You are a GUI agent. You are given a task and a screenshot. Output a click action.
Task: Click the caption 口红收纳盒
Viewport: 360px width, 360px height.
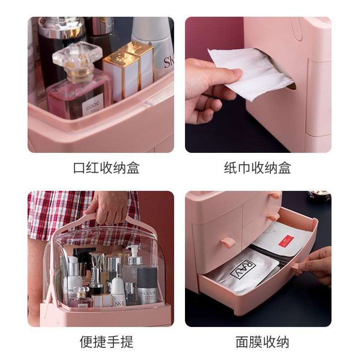coord(106,168)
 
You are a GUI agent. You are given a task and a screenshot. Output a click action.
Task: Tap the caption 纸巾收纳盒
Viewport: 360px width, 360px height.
coord(257,168)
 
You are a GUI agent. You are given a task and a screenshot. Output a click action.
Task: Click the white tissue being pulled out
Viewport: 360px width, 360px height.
coord(253,72)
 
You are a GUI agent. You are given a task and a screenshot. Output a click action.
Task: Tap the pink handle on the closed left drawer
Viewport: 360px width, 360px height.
coord(227,243)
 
